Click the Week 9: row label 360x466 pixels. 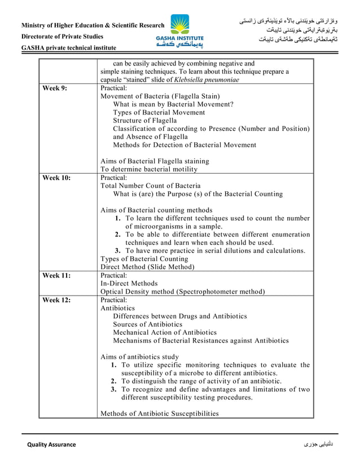pyautogui.click(x=55, y=89)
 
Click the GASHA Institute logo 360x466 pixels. pyautogui.click(x=180, y=31)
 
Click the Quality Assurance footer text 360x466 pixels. pyautogui.click(x=52, y=445)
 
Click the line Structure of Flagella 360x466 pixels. pyautogui.click(x=144, y=121)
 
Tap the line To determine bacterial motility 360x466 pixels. pyautogui.click(x=149, y=169)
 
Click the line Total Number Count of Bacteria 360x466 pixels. pyautogui.click(x=150, y=186)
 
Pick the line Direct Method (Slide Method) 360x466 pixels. pyautogui.click(x=147, y=267)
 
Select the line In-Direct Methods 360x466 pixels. pyautogui.click(x=129, y=283)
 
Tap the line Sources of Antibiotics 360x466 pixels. pyautogui.click(x=147, y=324)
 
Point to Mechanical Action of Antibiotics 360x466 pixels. pyautogui.click(x=164, y=332)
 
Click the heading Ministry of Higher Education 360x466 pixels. pyautogui.click(x=93, y=25)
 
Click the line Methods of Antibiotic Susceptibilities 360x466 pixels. pyautogui.click(x=159, y=414)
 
